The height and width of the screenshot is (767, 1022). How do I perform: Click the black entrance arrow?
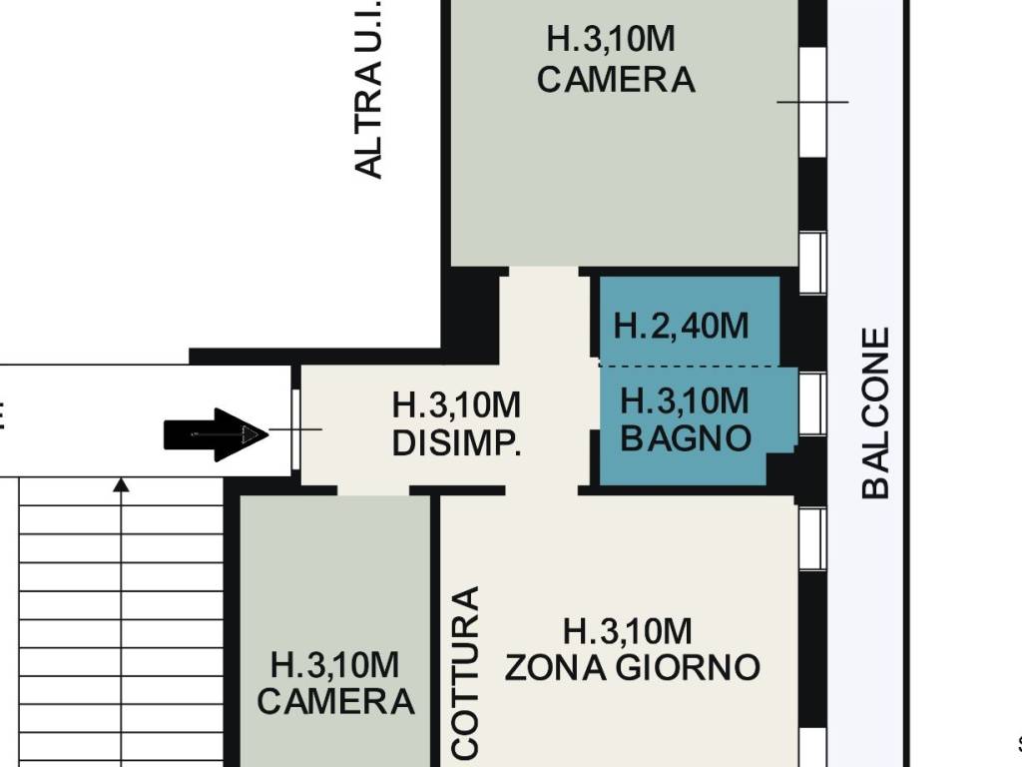coord(215,434)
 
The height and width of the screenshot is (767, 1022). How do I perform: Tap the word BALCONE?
coord(875,412)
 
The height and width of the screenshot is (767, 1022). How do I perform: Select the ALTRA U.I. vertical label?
coord(369,90)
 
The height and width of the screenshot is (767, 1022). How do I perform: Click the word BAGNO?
coord(686,437)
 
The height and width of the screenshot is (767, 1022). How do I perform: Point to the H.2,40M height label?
coord(681,326)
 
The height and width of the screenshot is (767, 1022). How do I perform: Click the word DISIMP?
coord(456,443)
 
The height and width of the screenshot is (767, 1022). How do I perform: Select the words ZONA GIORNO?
coord(632,666)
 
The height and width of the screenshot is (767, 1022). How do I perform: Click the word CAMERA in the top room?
coord(616,79)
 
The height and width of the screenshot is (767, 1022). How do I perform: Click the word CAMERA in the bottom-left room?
coord(335,701)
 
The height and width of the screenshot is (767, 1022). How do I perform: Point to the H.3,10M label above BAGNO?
coord(685,400)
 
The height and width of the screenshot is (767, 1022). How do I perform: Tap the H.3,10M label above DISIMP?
coord(456,405)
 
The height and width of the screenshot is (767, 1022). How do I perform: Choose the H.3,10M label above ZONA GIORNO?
coord(627,631)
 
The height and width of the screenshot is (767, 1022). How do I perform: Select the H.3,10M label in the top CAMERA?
coord(611,40)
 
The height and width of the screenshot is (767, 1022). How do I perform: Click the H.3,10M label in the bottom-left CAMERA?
coord(335,663)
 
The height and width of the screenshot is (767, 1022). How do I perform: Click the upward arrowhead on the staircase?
coord(121,485)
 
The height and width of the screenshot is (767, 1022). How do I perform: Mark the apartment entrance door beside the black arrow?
coord(295,429)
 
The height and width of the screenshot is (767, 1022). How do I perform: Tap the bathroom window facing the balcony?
coord(812,404)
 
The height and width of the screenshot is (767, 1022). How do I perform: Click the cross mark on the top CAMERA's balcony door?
coord(812,102)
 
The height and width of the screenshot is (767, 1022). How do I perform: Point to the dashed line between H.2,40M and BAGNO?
coord(689,367)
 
